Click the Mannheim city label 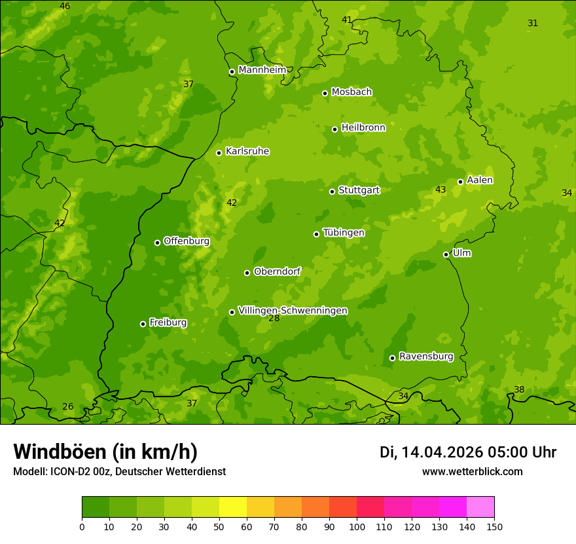pyautogui.click(x=262, y=70)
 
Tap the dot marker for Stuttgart pyautogui.click(x=332, y=191)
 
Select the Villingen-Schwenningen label pyautogui.click(x=293, y=311)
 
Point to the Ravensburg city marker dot pyautogui.click(x=392, y=358)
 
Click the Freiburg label pyautogui.click(x=168, y=322)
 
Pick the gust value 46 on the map pyautogui.click(x=65, y=7)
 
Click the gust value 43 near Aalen pyautogui.click(x=441, y=190)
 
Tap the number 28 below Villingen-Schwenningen pyautogui.click(x=274, y=319)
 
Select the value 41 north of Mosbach pyautogui.click(x=347, y=20)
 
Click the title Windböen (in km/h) pyautogui.click(x=105, y=452)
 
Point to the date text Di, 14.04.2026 pyautogui.click(x=430, y=452)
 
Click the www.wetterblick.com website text pyautogui.click(x=472, y=472)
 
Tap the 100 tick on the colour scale pyautogui.click(x=357, y=526)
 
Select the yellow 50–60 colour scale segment pyautogui.click(x=233, y=507)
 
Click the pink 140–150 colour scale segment pyautogui.click(x=480, y=507)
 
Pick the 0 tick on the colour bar pyautogui.click(x=82, y=526)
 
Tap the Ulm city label pyautogui.click(x=461, y=253)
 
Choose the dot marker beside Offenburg pyautogui.click(x=157, y=243)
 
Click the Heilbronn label pyautogui.click(x=363, y=128)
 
